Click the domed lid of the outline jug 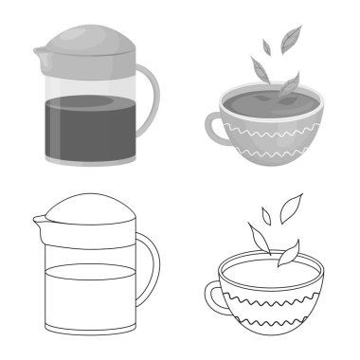(90, 213)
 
